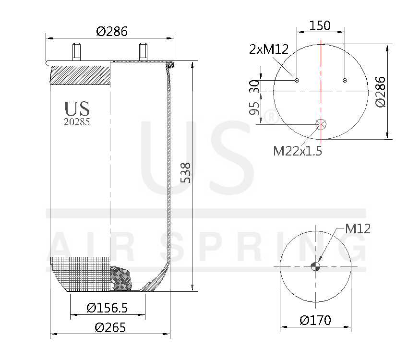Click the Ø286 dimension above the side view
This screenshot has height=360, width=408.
click(x=111, y=32)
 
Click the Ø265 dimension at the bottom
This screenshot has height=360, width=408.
click(x=110, y=328)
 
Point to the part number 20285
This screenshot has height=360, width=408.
click(x=77, y=122)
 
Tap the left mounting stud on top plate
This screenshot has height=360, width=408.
click(x=76, y=50)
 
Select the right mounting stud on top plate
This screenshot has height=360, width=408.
click(x=143, y=50)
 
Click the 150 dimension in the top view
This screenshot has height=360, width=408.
click(x=320, y=25)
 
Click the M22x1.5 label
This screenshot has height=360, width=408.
click(x=298, y=151)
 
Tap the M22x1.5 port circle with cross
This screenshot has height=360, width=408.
click(x=321, y=125)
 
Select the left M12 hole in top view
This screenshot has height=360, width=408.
click(x=297, y=80)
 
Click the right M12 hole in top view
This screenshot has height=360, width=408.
click(x=345, y=80)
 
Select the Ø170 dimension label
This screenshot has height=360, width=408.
click(x=315, y=320)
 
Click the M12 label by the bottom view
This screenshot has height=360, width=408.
click(x=358, y=229)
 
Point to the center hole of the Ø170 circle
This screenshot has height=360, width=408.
click(x=315, y=267)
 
